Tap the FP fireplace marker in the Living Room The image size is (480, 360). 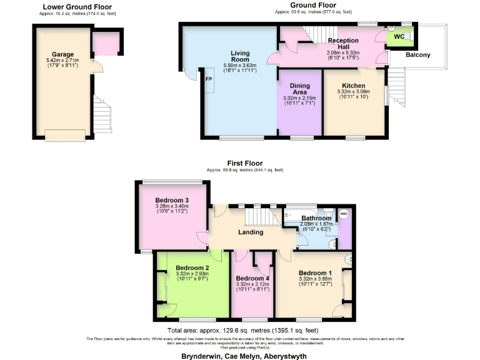[208, 79]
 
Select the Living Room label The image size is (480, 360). [240, 56]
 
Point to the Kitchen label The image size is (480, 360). [353, 86]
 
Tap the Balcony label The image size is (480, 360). [417, 55]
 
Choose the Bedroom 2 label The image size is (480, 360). [192, 267]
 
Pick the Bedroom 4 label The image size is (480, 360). [253, 277]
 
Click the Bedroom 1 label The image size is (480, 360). [316, 273]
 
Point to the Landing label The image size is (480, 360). [249, 232]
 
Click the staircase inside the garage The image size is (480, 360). [102, 115]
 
